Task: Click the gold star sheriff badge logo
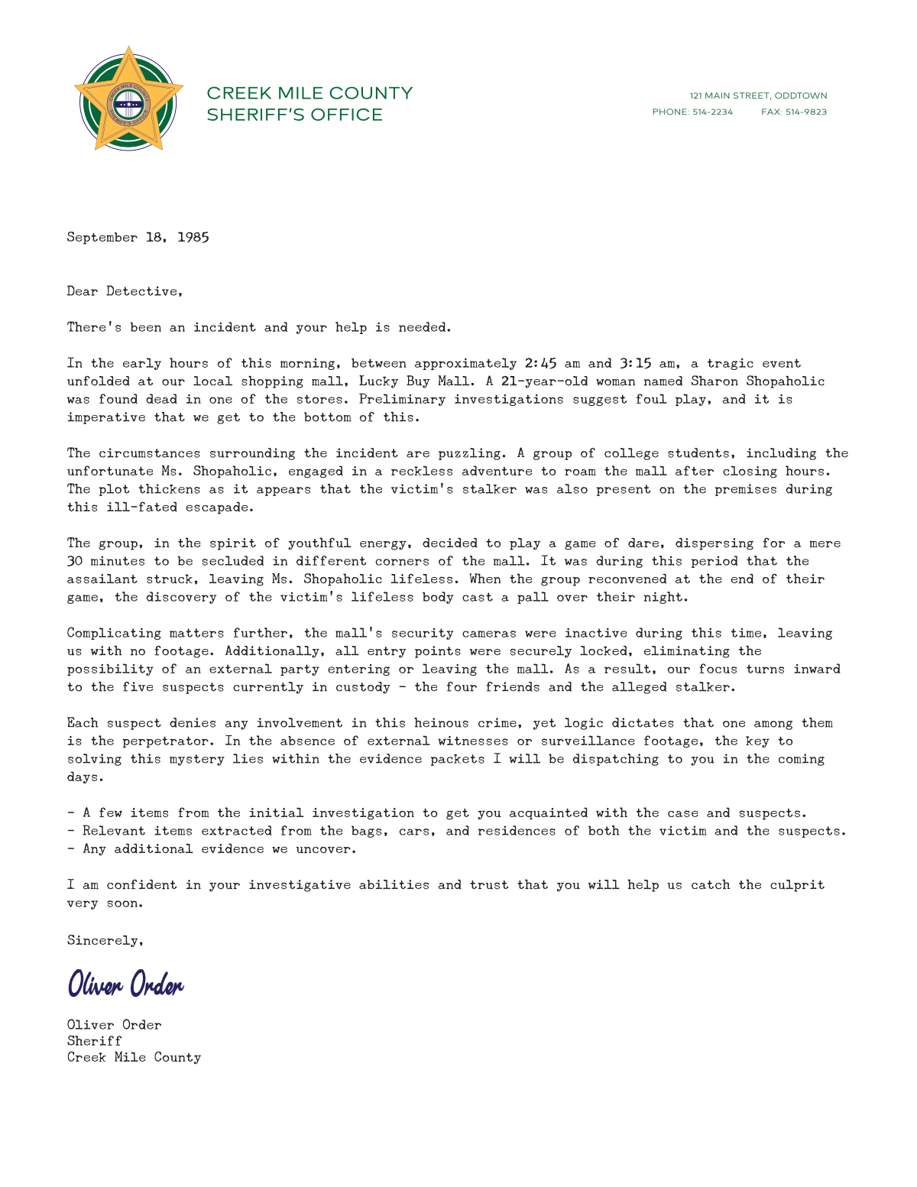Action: click(x=128, y=99)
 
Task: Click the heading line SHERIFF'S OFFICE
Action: click(x=294, y=115)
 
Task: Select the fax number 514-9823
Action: click(x=805, y=112)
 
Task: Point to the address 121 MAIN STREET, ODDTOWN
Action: click(x=758, y=96)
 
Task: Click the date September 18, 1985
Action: click(x=138, y=237)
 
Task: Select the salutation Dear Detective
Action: click(x=125, y=291)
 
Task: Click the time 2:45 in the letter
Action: click(x=540, y=363)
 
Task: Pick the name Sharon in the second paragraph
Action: click(x=714, y=381)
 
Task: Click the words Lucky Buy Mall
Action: click(x=414, y=381)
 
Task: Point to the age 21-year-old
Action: click(x=544, y=381)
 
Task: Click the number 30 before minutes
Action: click(x=75, y=561)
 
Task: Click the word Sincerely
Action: click(x=105, y=940)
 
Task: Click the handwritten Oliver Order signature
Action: click(x=126, y=984)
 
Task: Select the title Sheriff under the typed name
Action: click(x=94, y=1041)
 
